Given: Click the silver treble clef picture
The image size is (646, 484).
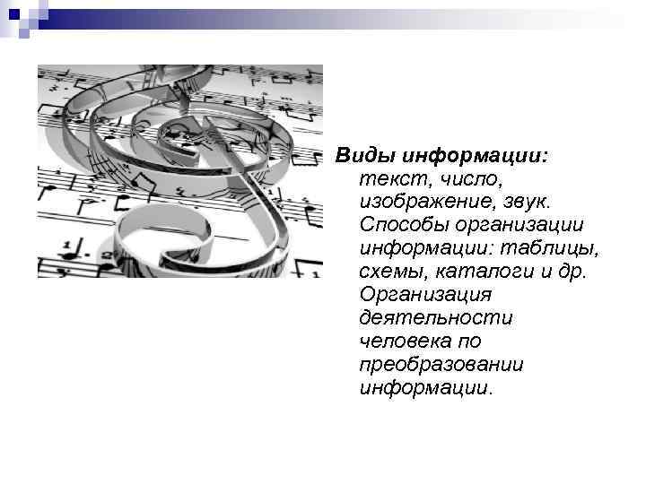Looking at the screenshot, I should [x=179, y=170].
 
